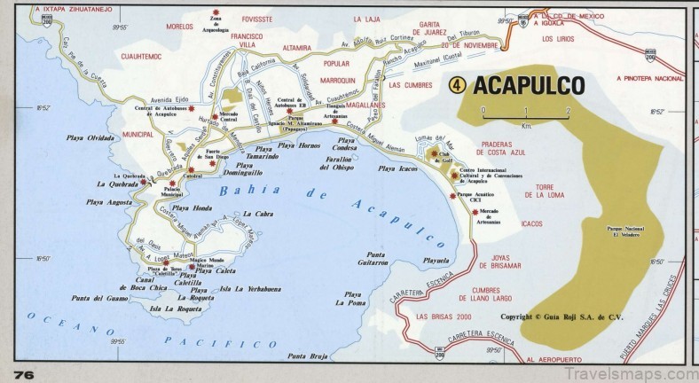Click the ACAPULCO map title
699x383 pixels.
529,85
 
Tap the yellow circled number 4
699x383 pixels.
457,85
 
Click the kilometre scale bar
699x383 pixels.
525,113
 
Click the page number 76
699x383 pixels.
24,374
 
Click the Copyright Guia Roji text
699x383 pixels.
559,317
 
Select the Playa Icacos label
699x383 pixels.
397,168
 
